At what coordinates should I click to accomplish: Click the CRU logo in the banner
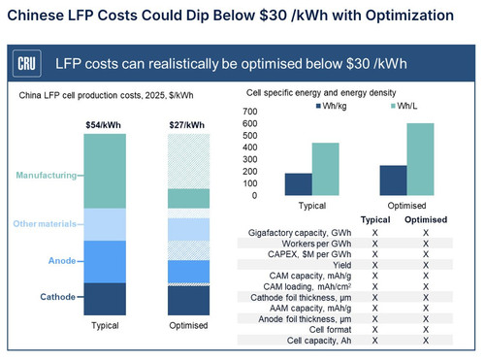click(x=27, y=63)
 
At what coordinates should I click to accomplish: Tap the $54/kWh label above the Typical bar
click(x=103, y=125)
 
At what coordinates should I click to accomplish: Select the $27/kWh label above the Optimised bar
click(x=187, y=125)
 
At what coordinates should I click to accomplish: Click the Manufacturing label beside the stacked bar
click(x=47, y=176)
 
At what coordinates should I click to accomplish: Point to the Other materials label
click(x=45, y=224)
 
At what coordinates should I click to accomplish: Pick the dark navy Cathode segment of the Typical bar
click(x=105, y=299)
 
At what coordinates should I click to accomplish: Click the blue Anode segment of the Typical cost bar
click(x=105, y=262)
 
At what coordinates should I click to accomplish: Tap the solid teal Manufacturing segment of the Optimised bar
click(x=188, y=199)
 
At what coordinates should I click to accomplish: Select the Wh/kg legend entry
click(x=331, y=106)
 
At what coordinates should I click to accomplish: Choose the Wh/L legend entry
click(x=404, y=106)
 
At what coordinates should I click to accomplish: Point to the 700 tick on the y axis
click(x=250, y=112)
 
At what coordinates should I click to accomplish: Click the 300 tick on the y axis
click(x=250, y=159)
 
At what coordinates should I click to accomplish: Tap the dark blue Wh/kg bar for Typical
click(x=299, y=184)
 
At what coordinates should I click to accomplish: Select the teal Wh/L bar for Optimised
click(x=420, y=159)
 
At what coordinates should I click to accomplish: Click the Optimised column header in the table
click(x=426, y=219)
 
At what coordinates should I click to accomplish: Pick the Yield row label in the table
click(x=342, y=265)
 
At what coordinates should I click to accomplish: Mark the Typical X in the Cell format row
click(x=374, y=330)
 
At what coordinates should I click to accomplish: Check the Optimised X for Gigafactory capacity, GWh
click(x=426, y=233)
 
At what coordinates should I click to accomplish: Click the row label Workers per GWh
click(x=316, y=244)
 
